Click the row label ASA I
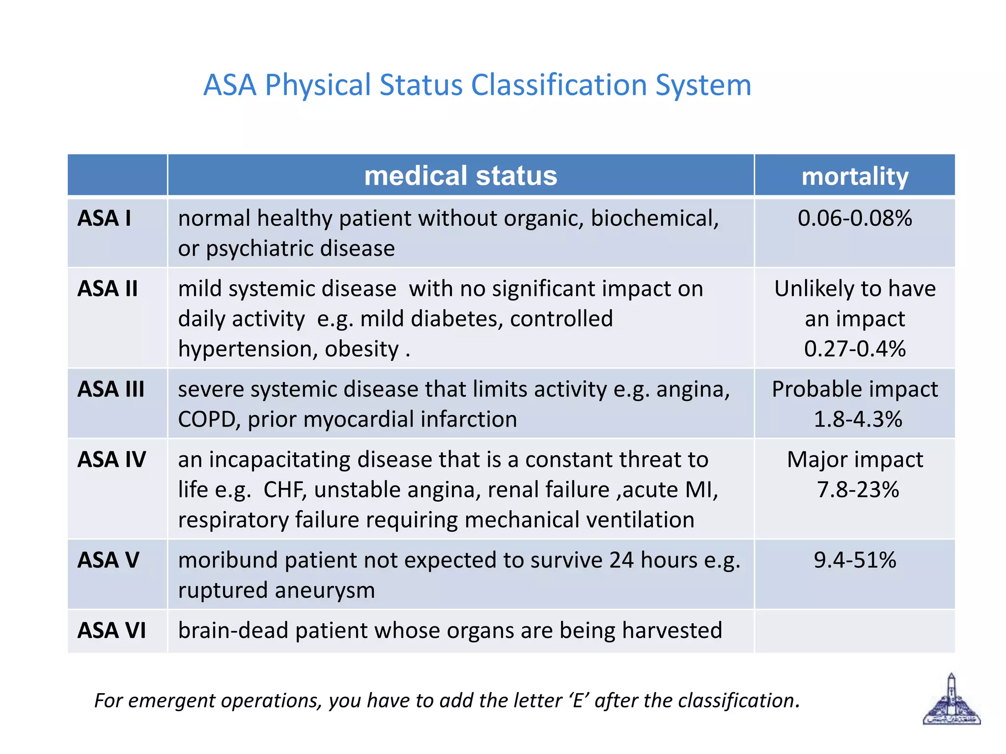click(x=104, y=218)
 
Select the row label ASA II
click(x=108, y=289)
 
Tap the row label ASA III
click(x=111, y=389)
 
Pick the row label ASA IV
click(x=112, y=460)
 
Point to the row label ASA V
click(x=109, y=560)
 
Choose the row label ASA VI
click(x=112, y=631)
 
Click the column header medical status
click(x=460, y=176)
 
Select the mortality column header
click(x=855, y=176)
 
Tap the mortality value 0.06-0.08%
click(x=855, y=218)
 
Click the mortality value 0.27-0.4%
click(x=855, y=349)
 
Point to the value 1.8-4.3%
click(x=858, y=420)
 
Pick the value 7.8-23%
click(x=858, y=490)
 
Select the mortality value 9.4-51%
click(x=855, y=560)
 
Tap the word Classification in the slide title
click(x=559, y=85)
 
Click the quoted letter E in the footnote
click(x=579, y=700)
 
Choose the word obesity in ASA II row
click(x=362, y=350)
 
